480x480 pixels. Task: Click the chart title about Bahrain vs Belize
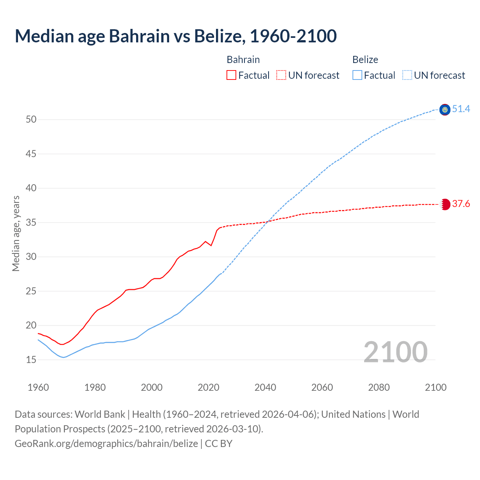[x=175, y=36]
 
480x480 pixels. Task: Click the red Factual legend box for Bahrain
[x=231, y=75]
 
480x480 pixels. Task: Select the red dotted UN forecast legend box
[x=281, y=75]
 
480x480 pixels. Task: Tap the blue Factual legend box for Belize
[x=357, y=75]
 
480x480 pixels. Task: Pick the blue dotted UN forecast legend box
[x=407, y=75]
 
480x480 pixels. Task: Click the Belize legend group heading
[x=365, y=60]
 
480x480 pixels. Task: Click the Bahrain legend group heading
[x=243, y=60]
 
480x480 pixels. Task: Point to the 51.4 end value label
[x=461, y=109]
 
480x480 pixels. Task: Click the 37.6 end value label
[x=461, y=204]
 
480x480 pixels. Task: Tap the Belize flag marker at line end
[x=445, y=109]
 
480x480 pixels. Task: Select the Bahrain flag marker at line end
[x=445, y=204]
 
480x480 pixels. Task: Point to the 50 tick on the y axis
[x=31, y=120]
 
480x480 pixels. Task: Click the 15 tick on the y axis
[x=31, y=360]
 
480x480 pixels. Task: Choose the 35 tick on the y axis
[x=31, y=223]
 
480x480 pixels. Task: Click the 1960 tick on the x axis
[x=38, y=387]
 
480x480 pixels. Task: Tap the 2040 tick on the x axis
[x=265, y=387]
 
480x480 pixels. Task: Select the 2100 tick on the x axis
[x=435, y=387]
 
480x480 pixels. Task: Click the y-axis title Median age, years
[x=16, y=233]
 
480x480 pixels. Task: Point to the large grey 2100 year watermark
[x=395, y=352]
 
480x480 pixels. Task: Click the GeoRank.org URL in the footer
[x=106, y=444]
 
